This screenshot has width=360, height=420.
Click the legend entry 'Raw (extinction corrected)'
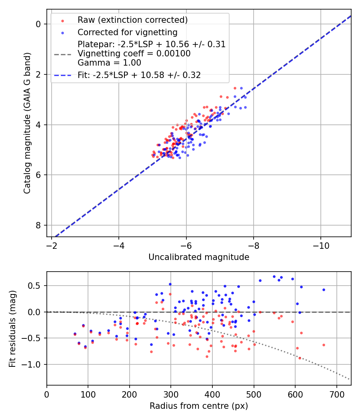click(133, 20)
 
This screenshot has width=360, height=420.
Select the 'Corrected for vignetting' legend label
click(128, 32)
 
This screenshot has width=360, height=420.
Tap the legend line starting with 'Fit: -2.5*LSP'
click(139, 75)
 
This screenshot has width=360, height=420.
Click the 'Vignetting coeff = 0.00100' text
click(134, 53)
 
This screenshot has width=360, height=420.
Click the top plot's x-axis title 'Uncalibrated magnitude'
click(199, 257)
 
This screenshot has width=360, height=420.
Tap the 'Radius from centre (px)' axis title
click(199, 406)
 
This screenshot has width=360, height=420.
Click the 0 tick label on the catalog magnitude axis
click(38, 24)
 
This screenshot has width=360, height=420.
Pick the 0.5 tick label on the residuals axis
click(36, 286)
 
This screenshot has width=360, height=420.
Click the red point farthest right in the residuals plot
click(324, 345)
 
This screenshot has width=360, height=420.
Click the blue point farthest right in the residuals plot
click(324, 290)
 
